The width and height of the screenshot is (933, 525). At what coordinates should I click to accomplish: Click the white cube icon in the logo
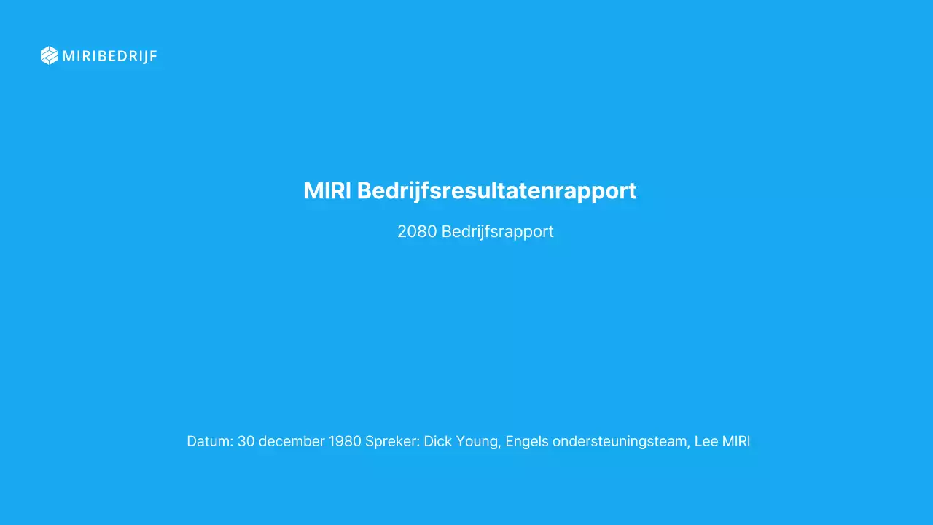point(49,55)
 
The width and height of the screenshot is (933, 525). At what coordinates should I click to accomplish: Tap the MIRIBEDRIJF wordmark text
point(109,56)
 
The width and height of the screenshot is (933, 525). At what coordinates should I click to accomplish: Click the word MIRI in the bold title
point(327,191)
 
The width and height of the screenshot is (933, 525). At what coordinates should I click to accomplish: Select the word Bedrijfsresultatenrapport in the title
point(496,191)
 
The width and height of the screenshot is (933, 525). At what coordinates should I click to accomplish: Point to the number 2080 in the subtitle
point(417,232)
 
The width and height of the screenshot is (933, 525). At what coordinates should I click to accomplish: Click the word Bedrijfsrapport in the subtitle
point(497,232)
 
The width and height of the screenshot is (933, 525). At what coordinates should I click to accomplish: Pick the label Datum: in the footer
point(210,441)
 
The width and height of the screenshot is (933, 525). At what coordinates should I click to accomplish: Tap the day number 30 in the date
point(246,441)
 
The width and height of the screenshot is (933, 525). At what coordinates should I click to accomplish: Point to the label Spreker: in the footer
point(392,442)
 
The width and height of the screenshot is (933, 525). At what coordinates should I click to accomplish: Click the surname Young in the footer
point(478,442)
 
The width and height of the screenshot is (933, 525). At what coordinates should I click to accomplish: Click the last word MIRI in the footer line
point(737,441)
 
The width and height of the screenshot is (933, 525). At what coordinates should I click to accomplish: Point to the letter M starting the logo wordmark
point(69,56)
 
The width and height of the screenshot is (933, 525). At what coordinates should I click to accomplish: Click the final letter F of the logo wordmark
point(153,56)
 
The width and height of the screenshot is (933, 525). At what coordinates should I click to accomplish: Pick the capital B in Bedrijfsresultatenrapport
point(364,191)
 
